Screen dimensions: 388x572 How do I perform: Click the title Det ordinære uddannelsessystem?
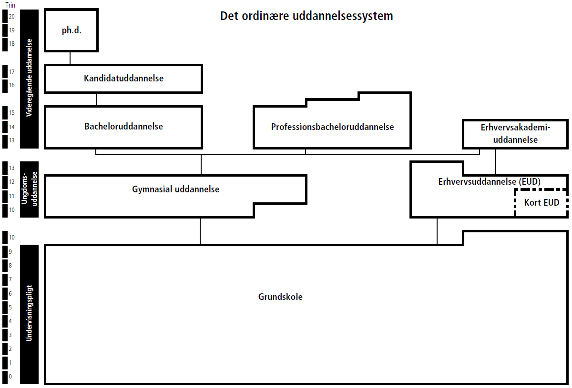pos(306,16)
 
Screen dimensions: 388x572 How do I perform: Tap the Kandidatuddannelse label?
pos(123,79)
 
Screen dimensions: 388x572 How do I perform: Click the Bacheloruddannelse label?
pos(123,127)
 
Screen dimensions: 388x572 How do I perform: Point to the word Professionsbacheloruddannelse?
pos(332,127)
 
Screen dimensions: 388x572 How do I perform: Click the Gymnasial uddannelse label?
pos(175,189)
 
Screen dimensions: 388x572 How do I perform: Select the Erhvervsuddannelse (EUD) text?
pos(489,182)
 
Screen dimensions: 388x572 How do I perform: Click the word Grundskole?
pos(280,297)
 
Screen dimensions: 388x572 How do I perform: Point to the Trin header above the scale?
pos(10,4)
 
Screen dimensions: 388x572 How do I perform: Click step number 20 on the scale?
pos(12,17)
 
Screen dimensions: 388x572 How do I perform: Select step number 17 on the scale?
pos(12,72)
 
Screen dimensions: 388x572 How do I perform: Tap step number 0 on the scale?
pos(10,377)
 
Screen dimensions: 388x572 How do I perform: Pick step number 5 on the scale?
pos(10,308)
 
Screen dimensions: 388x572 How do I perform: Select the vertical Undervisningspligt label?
pos(30,313)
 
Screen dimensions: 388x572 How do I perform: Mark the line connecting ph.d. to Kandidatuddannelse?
pos(70,58)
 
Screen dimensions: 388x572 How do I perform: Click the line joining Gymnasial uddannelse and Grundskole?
pos(200,231)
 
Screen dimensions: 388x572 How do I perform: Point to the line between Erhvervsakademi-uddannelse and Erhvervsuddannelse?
pos(496,162)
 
